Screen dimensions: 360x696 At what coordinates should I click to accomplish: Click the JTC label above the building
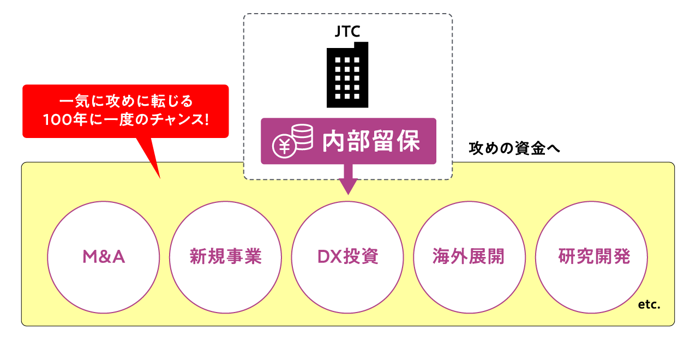(347, 32)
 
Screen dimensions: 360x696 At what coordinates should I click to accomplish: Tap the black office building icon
(347, 75)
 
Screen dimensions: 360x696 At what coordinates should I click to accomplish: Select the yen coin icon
(284, 147)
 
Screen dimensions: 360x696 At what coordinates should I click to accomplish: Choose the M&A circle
(104, 257)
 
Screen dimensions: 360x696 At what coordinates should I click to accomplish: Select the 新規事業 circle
(226, 257)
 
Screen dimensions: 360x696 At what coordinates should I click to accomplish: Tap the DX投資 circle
(347, 257)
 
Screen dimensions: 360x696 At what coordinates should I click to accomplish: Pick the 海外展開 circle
(470, 257)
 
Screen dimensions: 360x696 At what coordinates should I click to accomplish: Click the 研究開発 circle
(591, 257)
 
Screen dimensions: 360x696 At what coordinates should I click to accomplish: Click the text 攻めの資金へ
(514, 148)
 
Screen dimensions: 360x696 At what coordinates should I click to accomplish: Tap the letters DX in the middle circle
(330, 257)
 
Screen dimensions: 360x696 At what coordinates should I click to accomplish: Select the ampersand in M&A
(104, 257)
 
